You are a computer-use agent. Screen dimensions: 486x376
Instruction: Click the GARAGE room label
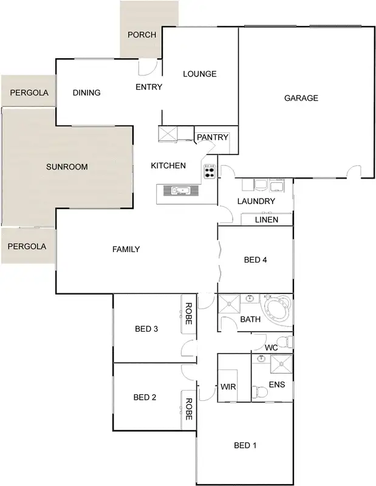pyautogui.click(x=301, y=98)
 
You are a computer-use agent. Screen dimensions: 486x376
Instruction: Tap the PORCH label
pyautogui.click(x=142, y=35)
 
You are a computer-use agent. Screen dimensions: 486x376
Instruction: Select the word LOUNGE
pyautogui.click(x=200, y=74)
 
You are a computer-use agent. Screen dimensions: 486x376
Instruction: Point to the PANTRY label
pyautogui.click(x=213, y=137)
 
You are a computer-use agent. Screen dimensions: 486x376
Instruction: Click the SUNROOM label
pyautogui.click(x=67, y=166)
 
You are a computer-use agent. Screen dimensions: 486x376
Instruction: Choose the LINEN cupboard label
pyautogui.click(x=267, y=219)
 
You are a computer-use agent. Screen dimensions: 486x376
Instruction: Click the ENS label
pyautogui.click(x=277, y=385)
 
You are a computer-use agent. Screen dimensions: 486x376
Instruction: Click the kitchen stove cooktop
pyautogui.click(x=210, y=171)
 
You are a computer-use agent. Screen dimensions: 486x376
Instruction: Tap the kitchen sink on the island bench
pyautogui.click(x=179, y=191)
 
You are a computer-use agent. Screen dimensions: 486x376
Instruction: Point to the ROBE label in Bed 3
pyautogui.click(x=188, y=313)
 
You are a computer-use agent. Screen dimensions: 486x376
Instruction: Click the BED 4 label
pyautogui.click(x=256, y=260)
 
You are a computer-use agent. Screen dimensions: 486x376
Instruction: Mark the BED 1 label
pyautogui.click(x=245, y=445)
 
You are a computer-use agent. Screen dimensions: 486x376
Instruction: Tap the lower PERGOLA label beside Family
pyautogui.click(x=27, y=247)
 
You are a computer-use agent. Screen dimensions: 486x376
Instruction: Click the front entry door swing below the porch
pyautogui.click(x=148, y=66)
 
